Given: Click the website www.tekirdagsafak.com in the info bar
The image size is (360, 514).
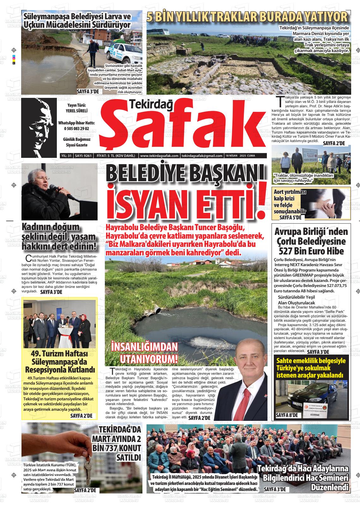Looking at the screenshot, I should coord(160,156).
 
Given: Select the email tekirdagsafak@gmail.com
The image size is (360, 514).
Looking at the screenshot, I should coord(202,156).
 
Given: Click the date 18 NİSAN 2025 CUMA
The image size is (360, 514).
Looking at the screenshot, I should coord(240,156).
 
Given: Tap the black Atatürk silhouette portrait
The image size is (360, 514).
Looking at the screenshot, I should coord(39,128).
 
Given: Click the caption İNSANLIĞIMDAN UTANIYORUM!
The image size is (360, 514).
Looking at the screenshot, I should coord(144,353).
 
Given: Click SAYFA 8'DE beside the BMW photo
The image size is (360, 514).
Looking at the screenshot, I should coord(287,415).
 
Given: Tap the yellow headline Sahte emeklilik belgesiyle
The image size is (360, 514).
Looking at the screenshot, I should coord(311,361).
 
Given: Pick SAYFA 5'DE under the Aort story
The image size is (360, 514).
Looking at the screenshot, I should coord(291,218).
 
